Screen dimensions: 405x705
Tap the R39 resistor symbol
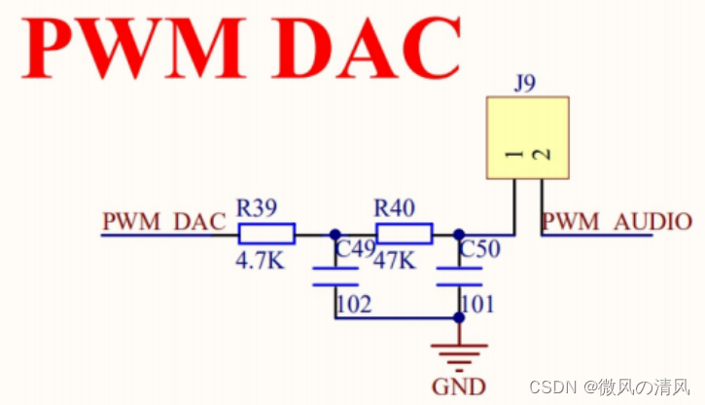point(265,234)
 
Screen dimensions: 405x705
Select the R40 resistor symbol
point(404,234)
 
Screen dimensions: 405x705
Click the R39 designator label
point(257,207)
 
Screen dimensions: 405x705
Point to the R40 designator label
point(395,207)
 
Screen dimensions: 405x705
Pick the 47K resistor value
point(394,262)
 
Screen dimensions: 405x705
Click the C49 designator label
point(354,250)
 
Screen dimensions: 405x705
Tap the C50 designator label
point(479,250)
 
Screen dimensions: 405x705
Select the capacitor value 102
point(353,305)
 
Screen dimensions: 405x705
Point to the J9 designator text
point(525,84)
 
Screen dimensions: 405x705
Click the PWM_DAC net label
point(163,221)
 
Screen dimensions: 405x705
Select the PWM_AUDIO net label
point(617,221)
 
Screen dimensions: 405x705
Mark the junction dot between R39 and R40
point(335,234)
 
